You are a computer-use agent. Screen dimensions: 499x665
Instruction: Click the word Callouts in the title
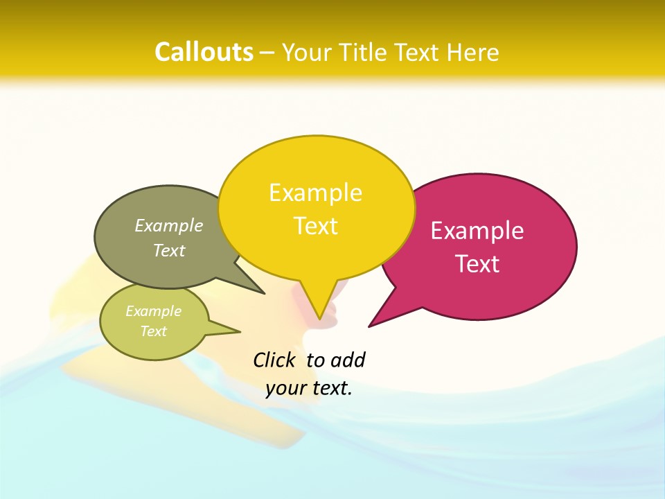204,52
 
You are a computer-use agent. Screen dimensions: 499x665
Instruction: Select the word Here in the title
472,52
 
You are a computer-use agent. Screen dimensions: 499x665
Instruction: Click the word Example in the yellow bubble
315,193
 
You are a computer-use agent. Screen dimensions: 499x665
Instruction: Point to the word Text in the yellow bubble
315,226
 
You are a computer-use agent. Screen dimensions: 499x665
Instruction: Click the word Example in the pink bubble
477,231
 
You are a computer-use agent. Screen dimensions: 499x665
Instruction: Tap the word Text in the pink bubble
477,264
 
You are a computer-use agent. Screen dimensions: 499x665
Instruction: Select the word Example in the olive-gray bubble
169,225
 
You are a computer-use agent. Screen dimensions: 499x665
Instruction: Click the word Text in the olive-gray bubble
169,250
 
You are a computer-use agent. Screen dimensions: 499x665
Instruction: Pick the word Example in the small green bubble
153,311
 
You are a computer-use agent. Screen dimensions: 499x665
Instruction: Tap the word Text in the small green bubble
153,331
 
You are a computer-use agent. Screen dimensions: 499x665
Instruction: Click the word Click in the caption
274,360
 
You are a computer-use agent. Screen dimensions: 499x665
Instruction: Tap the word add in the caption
347,360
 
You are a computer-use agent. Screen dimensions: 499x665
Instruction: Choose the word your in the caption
285,388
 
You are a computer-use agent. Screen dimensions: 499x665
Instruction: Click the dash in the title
267,52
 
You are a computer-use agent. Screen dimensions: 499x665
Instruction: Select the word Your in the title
305,52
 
